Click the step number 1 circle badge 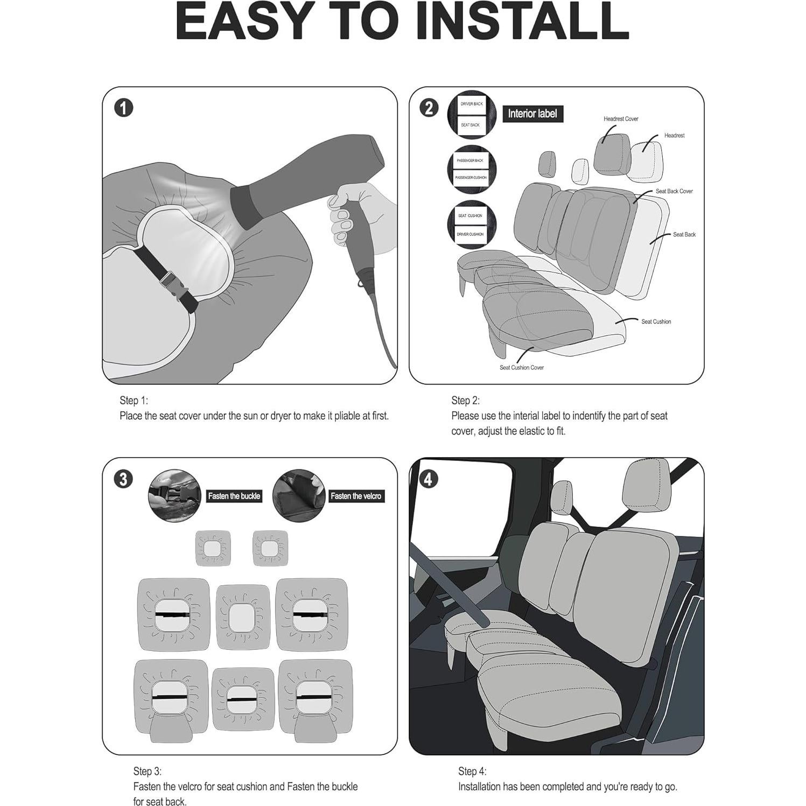pyautogui.click(x=123, y=108)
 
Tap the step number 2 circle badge pyautogui.click(x=429, y=108)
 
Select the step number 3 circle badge pyautogui.click(x=123, y=479)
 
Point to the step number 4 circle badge pyautogui.click(x=428, y=479)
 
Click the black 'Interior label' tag pyautogui.click(x=532, y=114)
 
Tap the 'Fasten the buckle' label pyautogui.click(x=234, y=496)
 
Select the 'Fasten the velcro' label pyautogui.click(x=356, y=496)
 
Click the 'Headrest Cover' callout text pyautogui.click(x=621, y=119)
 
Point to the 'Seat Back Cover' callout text pyautogui.click(x=674, y=191)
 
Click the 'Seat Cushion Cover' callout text pyautogui.click(x=521, y=368)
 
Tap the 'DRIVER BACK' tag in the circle pyautogui.click(x=472, y=104)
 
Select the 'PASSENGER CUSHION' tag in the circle pyautogui.click(x=471, y=178)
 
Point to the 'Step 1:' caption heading pyautogui.click(x=134, y=401)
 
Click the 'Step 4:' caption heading pyautogui.click(x=472, y=772)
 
